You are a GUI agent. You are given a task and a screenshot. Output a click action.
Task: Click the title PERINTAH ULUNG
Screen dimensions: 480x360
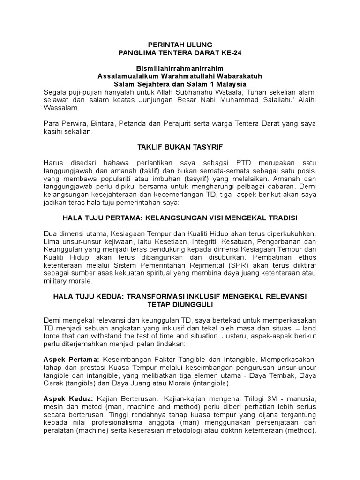pyautogui.click(x=180, y=45)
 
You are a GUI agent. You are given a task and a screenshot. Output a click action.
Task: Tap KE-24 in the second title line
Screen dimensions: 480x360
pyautogui.click(x=232, y=53)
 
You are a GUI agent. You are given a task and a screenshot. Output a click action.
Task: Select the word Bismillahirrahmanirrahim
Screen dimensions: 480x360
pyautogui.click(x=180, y=68)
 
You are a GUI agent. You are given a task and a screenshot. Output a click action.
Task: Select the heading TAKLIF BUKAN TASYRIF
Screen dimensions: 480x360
pyautogui.click(x=180, y=147)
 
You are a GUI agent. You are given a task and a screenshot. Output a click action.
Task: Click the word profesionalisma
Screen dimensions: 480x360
pyautogui.click(x=113, y=423)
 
